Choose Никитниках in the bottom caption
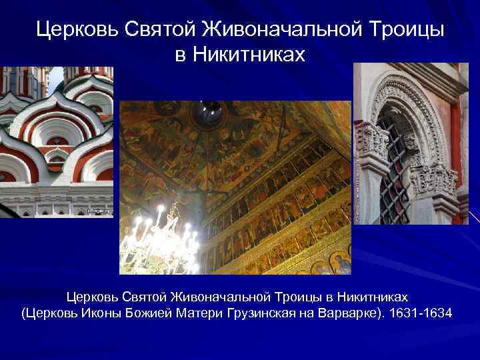(373, 295)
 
